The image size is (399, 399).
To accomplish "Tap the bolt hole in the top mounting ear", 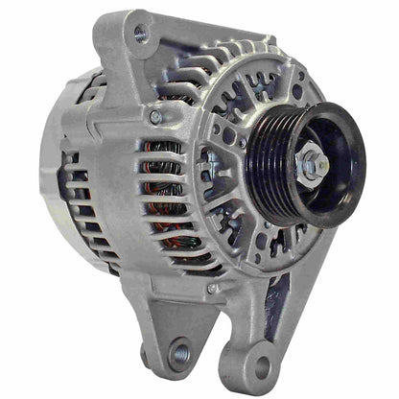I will [141, 35].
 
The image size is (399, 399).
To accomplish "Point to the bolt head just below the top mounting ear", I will [155, 117].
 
